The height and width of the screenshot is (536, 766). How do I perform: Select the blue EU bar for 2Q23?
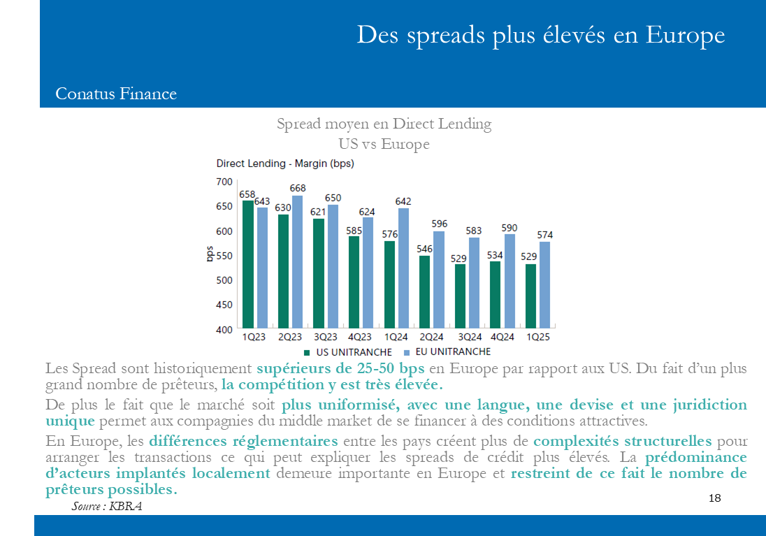[298, 261]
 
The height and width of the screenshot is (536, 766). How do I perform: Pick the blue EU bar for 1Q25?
[544, 284]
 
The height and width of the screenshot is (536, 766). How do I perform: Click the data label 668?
[298, 188]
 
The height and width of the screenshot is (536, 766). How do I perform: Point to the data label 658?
[247, 194]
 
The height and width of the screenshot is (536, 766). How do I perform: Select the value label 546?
[424, 249]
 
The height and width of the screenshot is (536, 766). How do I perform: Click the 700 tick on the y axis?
[224, 182]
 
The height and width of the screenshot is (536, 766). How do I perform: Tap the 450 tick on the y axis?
[224, 305]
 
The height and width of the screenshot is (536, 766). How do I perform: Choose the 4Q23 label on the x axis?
[360, 337]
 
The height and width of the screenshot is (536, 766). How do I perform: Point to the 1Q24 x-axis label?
[395, 337]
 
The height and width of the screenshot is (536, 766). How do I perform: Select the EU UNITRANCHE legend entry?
[447, 352]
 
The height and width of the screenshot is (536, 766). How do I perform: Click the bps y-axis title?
[209, 254]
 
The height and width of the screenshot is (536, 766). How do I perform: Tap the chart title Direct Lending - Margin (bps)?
[285, 164]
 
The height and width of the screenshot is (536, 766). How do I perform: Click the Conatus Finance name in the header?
[116, 94]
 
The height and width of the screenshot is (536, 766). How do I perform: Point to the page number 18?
[714, 498]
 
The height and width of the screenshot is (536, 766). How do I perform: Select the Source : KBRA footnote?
[106, 506]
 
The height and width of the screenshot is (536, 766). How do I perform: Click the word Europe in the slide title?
[685, 34]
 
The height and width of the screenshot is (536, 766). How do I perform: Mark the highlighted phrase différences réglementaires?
[243, 441]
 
